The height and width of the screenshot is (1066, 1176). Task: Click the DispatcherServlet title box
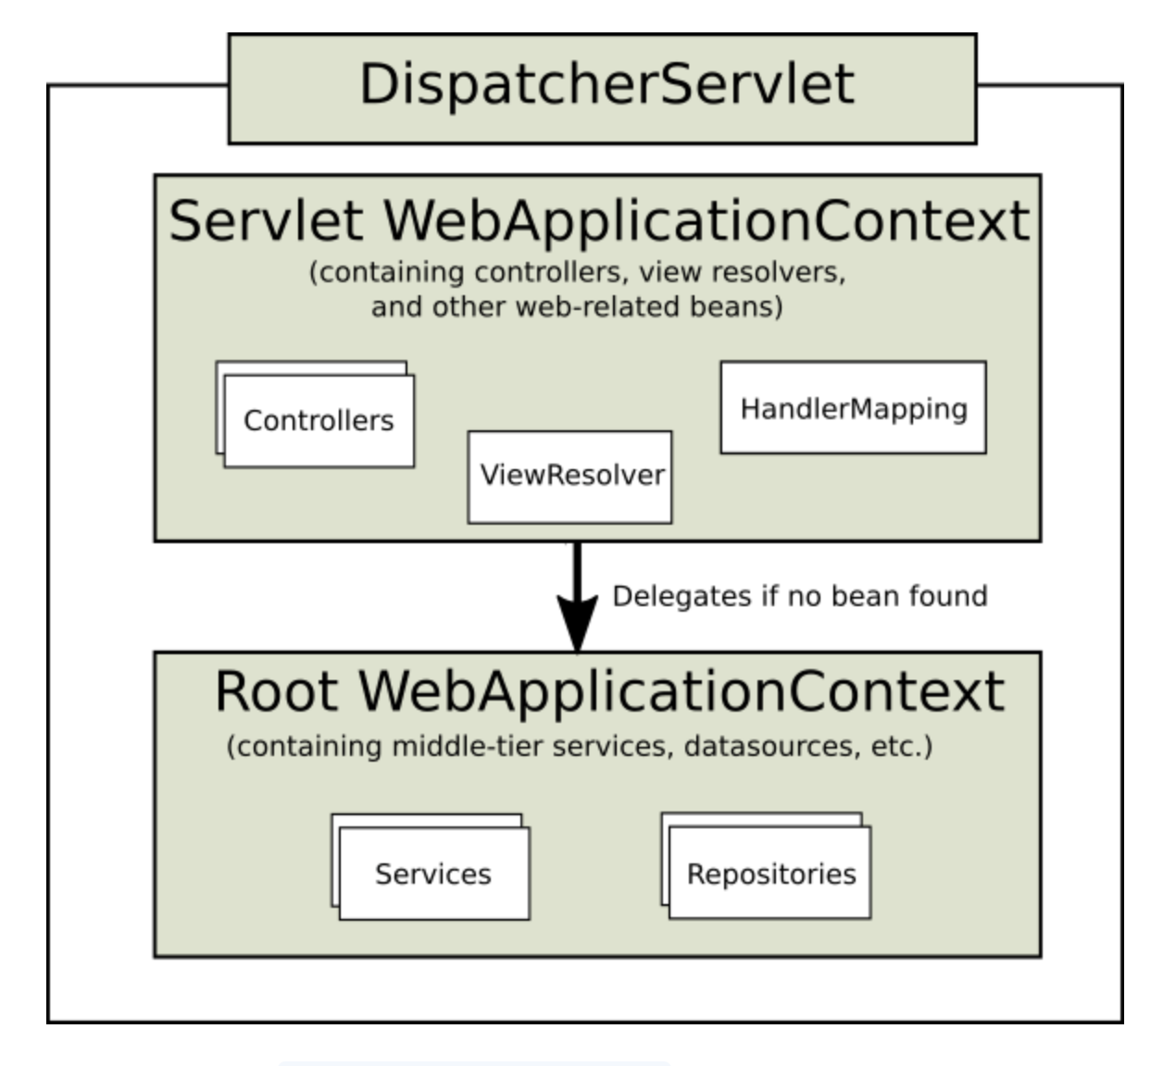coord(603,89)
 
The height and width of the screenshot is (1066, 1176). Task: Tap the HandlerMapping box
coord(854,408)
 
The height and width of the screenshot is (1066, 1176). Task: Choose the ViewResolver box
coord(569,477)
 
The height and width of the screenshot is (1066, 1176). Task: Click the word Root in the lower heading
coord(277,692)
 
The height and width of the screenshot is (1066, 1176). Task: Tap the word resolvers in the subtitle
coord(779,272)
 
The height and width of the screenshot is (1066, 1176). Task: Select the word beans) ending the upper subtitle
coord(736,307)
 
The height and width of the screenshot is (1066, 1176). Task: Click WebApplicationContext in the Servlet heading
coord(707,223)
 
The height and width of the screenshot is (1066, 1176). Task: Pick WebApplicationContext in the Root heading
coord(682,694)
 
